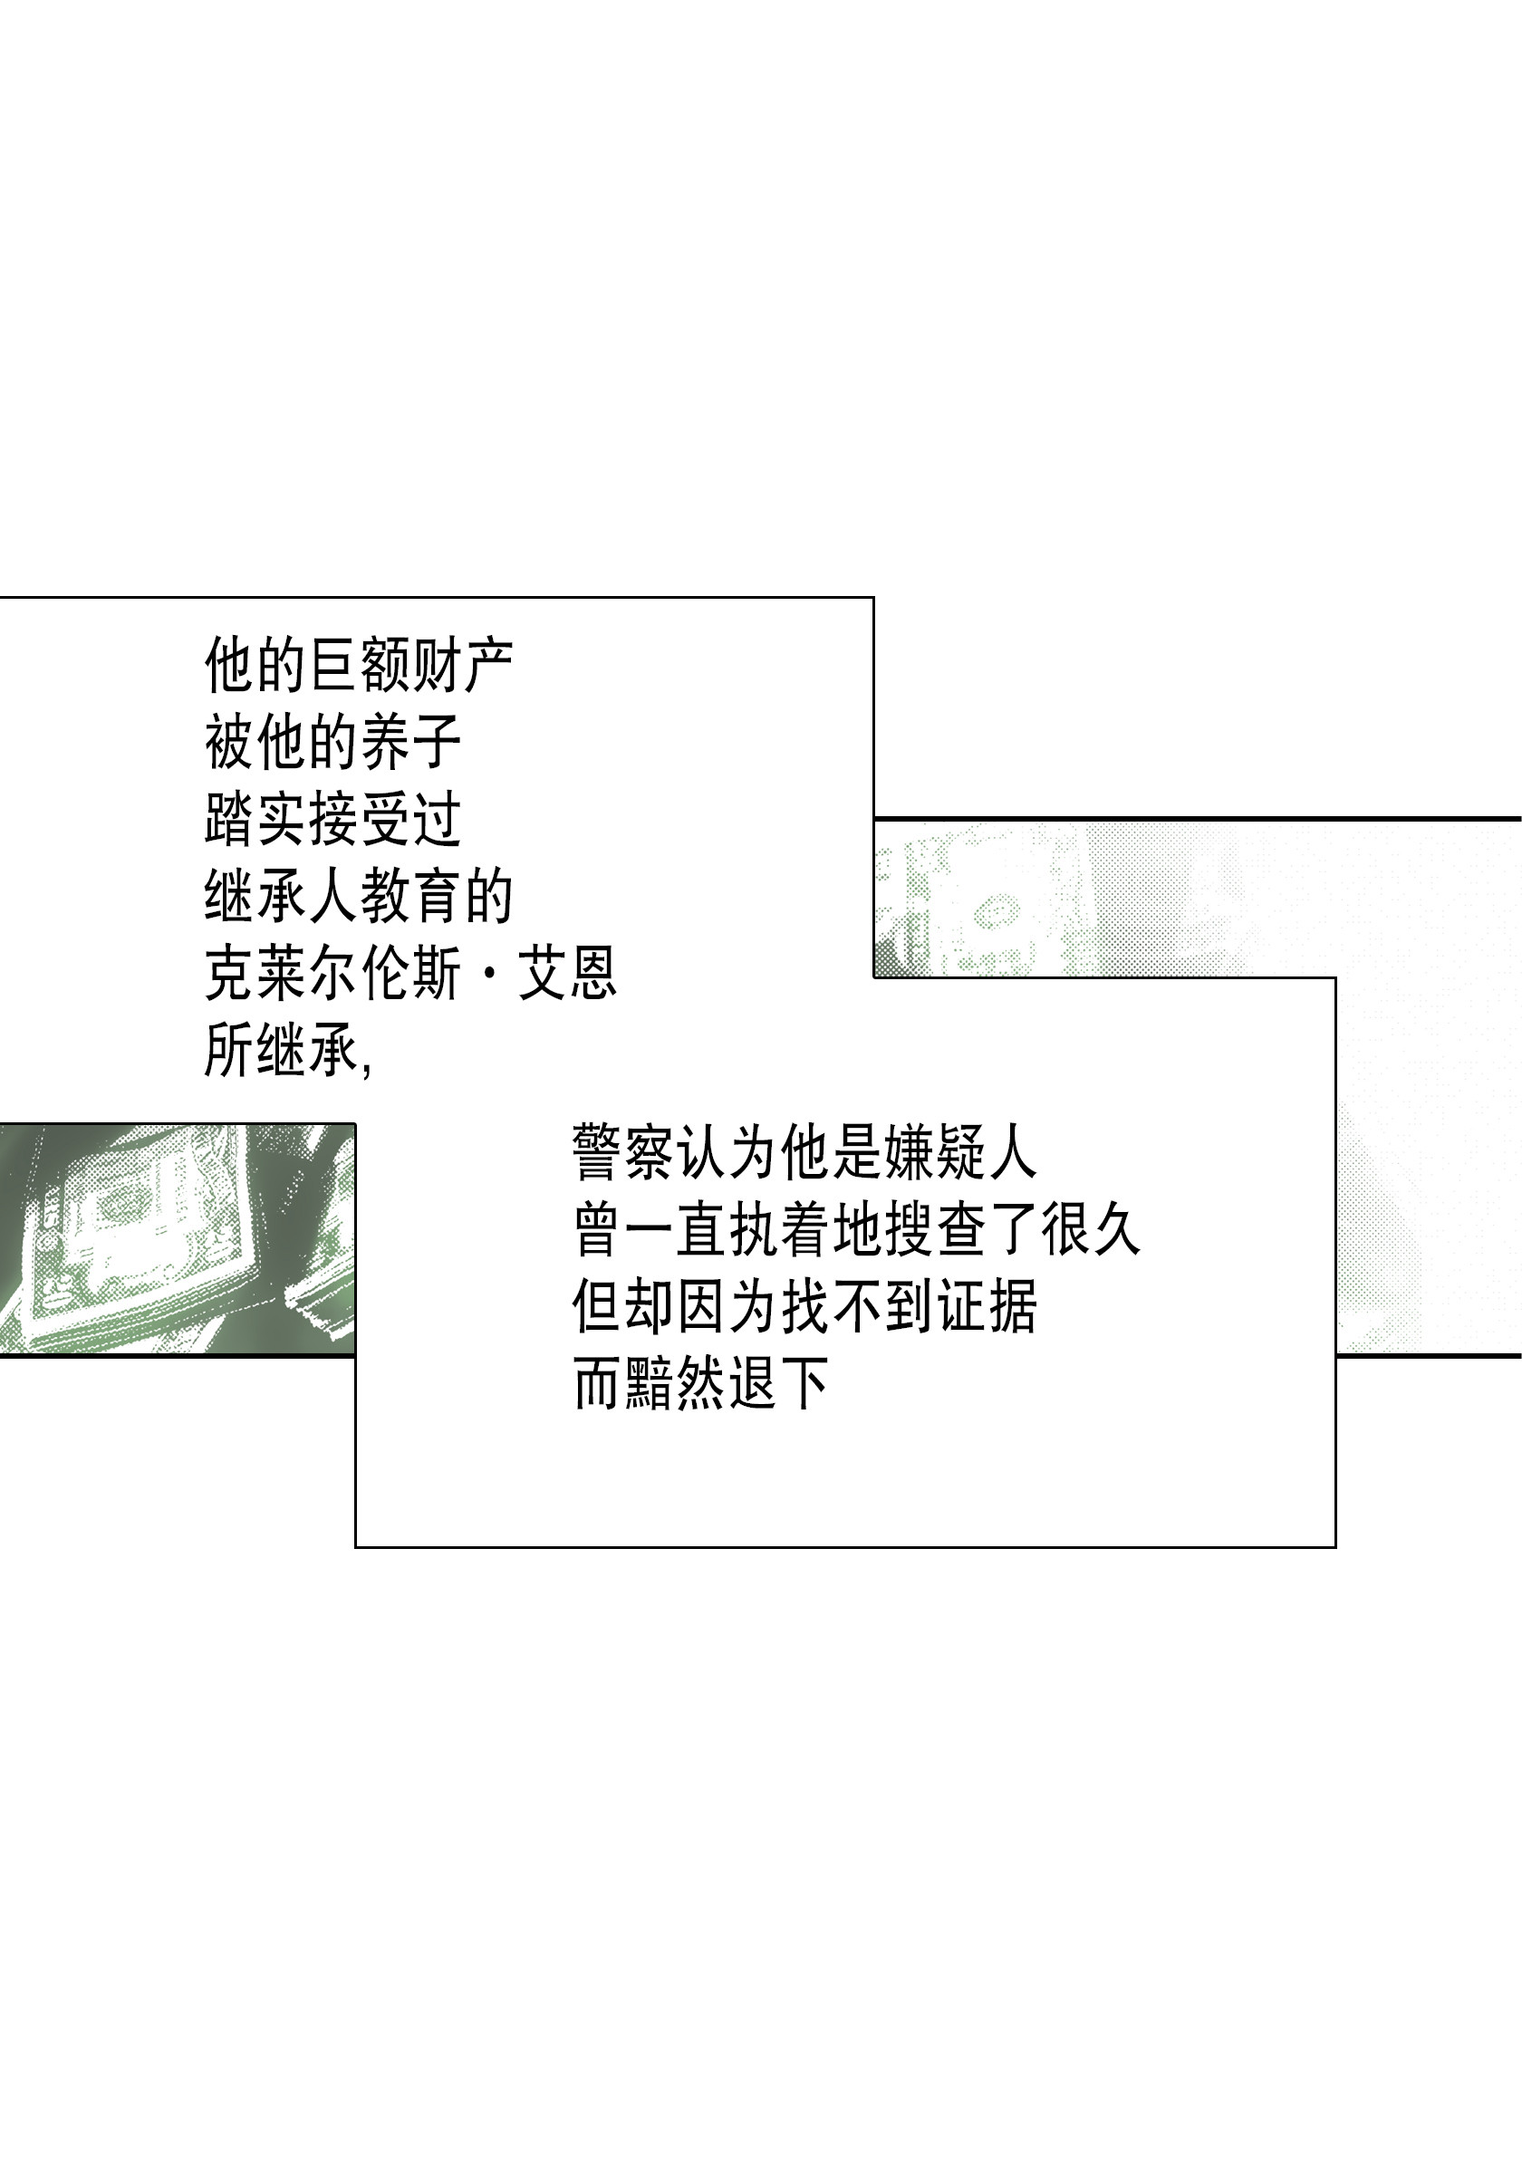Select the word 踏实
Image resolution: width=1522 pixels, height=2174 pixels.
[x=255, y=820]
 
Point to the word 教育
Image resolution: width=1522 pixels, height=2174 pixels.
[x=412, y=897]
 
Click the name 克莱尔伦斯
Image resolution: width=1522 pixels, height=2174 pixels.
[x=333, y=975]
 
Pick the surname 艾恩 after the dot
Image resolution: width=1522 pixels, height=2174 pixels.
[x=567, y=975]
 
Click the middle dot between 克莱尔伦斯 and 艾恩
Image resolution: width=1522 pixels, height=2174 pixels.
[x=489, y=975]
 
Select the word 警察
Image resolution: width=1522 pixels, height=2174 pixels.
[x=624, y=1153]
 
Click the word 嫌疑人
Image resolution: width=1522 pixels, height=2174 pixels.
[x=961, y=1153]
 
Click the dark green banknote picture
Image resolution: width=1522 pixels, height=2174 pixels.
[x=177, y=1239]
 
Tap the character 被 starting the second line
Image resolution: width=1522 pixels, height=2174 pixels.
[x=230, y=743]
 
